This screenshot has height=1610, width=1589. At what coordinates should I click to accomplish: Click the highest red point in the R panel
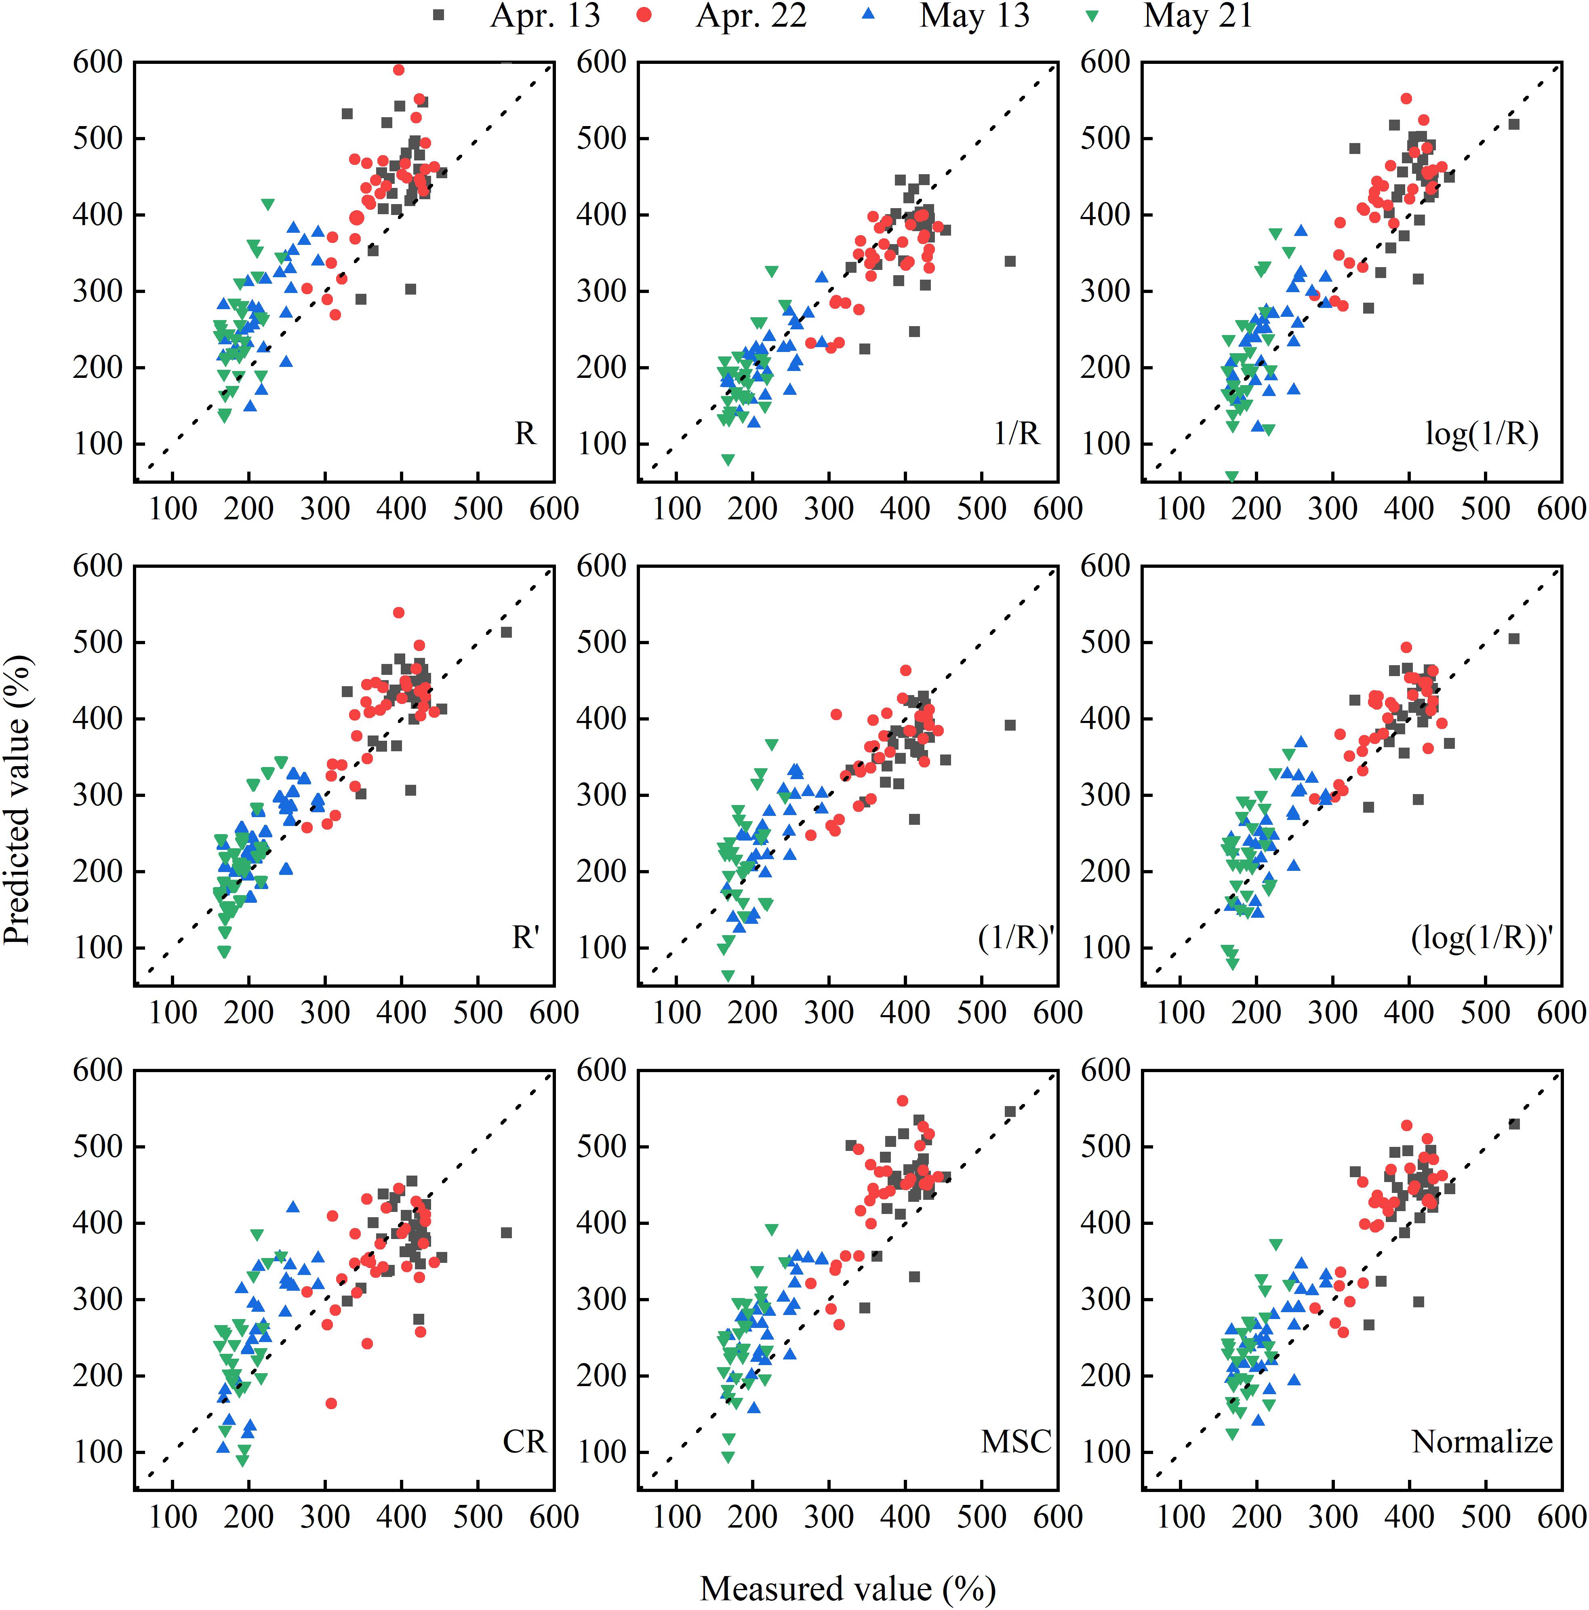[x=398, y=70]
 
